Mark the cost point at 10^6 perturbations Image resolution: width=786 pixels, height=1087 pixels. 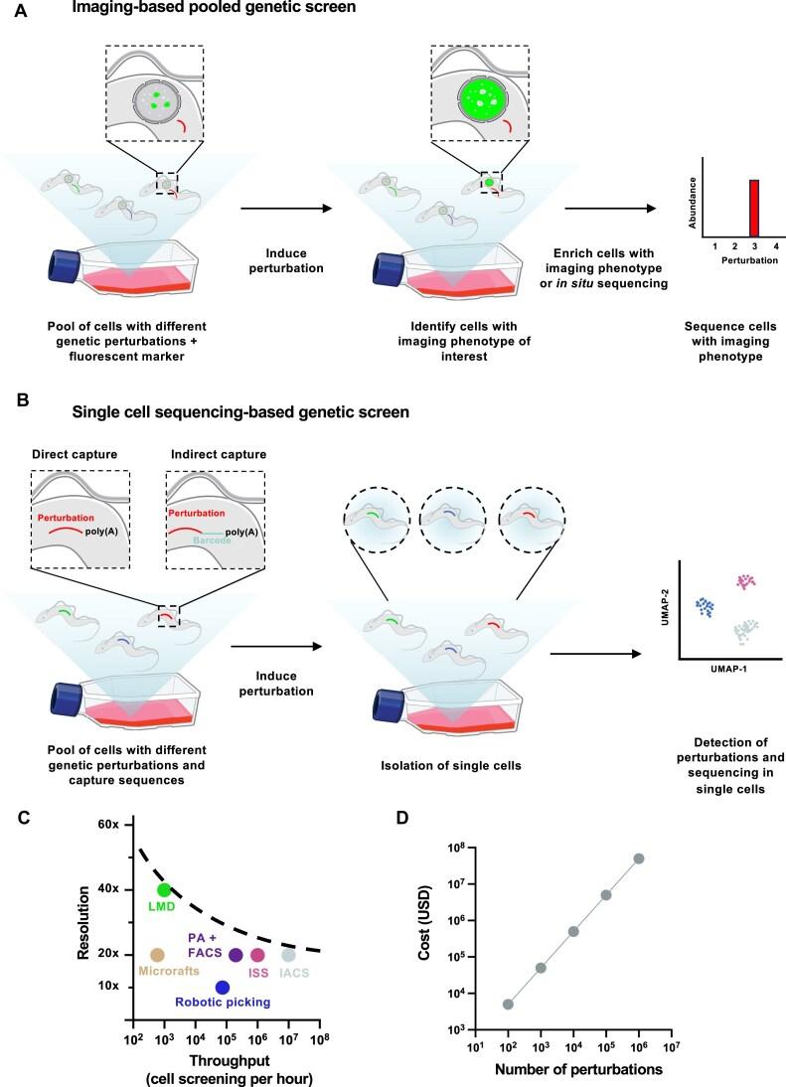coord(639,858)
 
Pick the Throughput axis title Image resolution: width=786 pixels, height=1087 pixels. coord(224,1053)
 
